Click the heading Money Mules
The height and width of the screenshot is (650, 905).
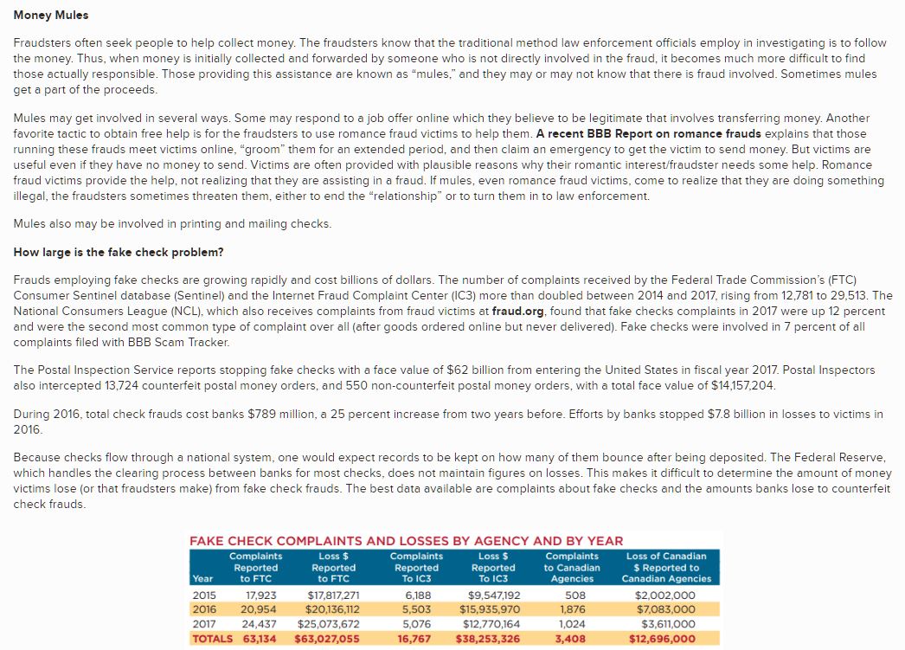point(51,16)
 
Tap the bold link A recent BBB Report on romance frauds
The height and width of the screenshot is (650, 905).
point(648,133)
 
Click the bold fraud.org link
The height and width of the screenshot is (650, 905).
point(517,310)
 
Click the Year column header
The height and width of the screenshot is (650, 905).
point(202,578)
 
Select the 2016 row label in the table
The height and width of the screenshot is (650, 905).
point(204,608)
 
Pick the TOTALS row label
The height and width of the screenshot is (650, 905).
point(212,639)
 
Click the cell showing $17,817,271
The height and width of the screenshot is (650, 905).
point(333,595)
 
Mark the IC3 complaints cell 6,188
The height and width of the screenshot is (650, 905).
point(419,595)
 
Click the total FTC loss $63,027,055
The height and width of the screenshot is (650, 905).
point(327,639)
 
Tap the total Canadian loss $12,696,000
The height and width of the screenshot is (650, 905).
point(663,639)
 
